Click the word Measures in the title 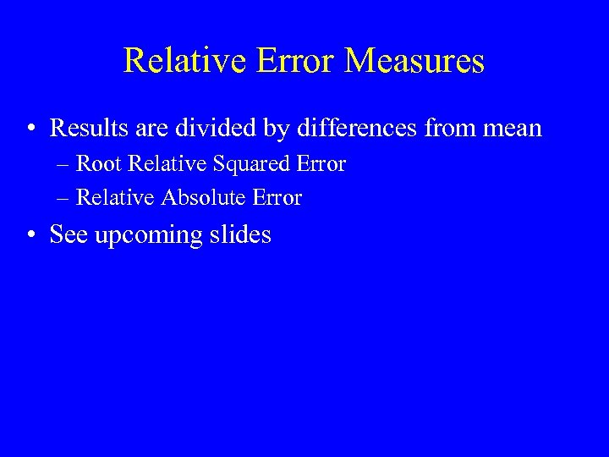tap(414, 61)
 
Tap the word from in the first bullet tap(449, 129)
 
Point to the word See tap(69, 234)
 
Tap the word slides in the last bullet tap(241, 234)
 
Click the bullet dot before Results tap(30, 129)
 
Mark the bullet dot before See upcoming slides tap(30, 235)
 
